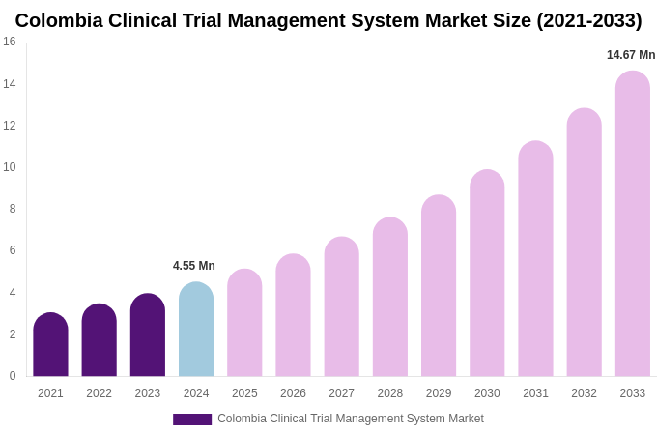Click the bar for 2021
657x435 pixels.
tap(50, 345)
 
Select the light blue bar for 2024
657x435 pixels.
tap(196, 330)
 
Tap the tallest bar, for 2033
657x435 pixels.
tap(633, 224)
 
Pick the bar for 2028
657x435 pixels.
tap(390, 298)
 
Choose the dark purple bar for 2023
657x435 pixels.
tap(148, 335)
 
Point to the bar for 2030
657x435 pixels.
tap(487, 274)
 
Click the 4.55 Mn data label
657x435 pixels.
tap(194, 266)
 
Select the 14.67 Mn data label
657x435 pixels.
tap(631, 55)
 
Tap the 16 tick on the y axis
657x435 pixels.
tap(10, 42)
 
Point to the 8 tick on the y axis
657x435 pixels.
tap(13, 209)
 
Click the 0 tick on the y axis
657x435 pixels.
tap(13, 376)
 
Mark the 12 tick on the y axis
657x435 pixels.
tap(10, 126)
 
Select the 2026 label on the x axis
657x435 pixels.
tap(293, 393)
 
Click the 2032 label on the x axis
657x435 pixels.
tap(584, 393)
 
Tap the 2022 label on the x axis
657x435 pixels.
tap(99, 393)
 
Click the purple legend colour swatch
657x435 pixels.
tap(192, 420)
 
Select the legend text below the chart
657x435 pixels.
tap(350, 419)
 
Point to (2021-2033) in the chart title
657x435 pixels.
tap(589, 20)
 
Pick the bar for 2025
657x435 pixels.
tap(244, 323)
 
